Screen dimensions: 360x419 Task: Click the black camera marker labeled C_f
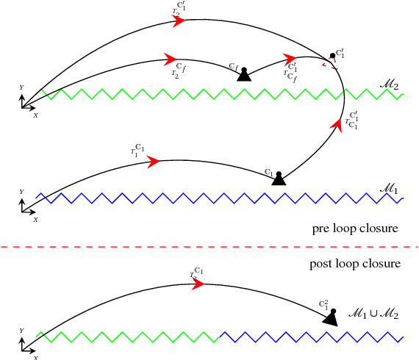click(243, 74)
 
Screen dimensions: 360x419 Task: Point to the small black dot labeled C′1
click(332, 56)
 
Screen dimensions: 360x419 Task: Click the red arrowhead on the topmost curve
click(179, 21)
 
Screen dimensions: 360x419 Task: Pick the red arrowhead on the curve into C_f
click(171, 59)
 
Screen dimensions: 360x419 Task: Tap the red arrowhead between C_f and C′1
click(290, 57)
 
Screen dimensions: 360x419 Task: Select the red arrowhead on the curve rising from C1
click(337, 126)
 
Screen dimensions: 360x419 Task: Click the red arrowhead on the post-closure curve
click(197, 284)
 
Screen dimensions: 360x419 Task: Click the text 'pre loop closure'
click(355, 229)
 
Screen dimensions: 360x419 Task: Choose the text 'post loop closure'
click(354, 263)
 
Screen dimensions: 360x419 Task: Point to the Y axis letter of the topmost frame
click(21, 87)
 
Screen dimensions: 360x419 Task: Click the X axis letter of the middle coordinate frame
click(35, 220)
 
